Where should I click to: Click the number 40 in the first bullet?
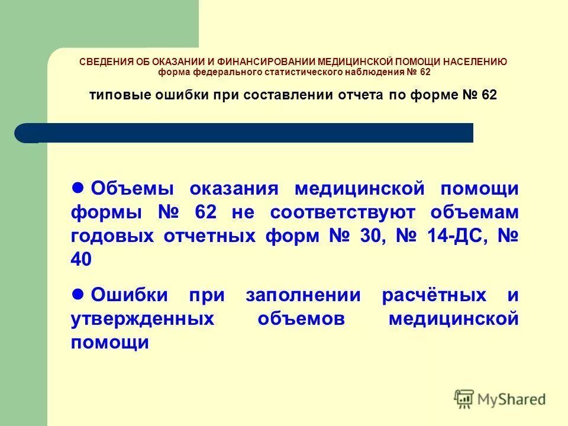pos(82,260)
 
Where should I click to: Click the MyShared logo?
pos(501,398)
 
